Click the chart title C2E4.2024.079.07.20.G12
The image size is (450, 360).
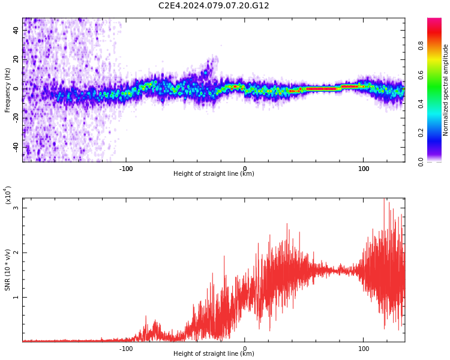click(214, 6)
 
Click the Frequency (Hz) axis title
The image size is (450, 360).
click(8, 90)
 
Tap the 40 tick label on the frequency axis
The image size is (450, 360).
click(16, 30)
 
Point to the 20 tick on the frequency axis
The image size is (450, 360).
click(16, 59)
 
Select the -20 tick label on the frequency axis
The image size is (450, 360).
click(15, 118)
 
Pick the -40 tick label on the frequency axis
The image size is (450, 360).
click(15, 146)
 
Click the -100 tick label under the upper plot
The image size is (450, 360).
click(125, 169)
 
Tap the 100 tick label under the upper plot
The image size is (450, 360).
click(363, 169)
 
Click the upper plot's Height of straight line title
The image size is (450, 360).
click(214, 174)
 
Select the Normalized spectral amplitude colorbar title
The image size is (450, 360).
click(446, 90)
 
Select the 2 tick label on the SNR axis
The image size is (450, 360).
click(16, 253)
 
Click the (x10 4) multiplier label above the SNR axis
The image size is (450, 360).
click(8, 196)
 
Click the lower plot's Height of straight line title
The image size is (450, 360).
click(214, 354)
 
